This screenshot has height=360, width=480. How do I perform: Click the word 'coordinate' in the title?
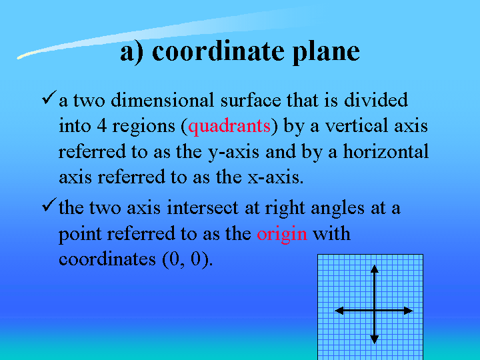coord(218,51)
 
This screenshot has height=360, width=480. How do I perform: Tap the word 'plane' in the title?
coord(326,53)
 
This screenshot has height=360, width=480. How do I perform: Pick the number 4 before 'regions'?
coord(102,126)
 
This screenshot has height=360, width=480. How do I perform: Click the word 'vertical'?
coord(357,125)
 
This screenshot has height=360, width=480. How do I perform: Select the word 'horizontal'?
coord(386,151)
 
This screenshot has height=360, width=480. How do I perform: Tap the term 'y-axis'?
coord(233,153)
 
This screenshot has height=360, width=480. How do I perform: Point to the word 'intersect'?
coord(203,207)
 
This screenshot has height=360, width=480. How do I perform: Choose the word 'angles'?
coord(337,209)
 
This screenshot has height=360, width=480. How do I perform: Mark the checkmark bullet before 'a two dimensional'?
coord(49,97)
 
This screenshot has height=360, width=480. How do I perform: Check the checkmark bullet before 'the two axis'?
coord(49,205)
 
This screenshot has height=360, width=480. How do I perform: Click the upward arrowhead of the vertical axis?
coord(375,269)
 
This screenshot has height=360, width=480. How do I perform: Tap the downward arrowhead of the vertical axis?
coord(375,339)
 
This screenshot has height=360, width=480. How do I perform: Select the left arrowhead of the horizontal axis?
coord(339,311)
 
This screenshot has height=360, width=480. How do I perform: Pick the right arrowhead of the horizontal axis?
coord(409,311)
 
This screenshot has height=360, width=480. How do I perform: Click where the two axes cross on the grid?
coord(375,311)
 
